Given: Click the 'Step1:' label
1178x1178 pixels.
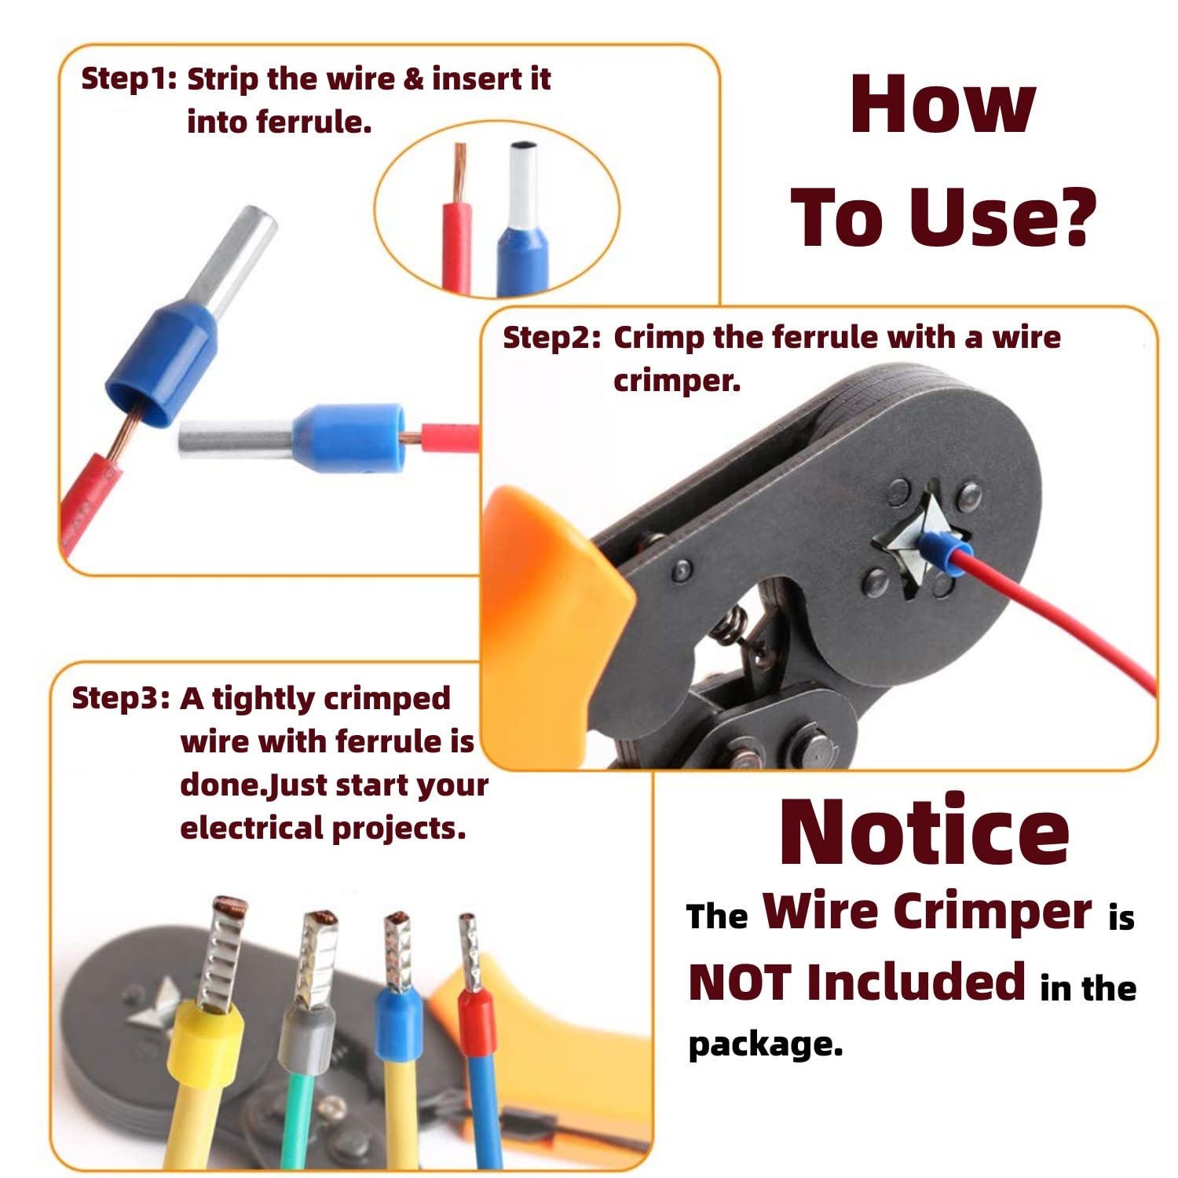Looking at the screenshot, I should click(129, 79).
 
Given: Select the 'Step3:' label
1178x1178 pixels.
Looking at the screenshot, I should click(120, 698).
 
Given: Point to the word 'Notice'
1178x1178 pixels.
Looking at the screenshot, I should click(924, 832).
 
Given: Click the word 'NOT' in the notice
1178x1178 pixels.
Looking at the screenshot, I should click(739, 982).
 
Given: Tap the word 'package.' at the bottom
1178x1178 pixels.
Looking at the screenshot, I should click(765, 1044).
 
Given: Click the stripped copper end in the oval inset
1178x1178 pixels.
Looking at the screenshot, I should click(459, 171).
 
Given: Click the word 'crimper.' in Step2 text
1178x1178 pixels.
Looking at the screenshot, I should click(677, 381).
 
